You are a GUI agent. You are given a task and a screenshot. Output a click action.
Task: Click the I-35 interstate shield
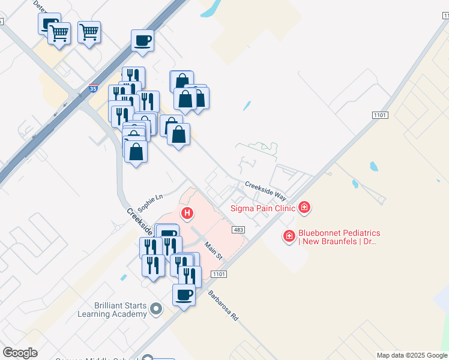pos(93,87)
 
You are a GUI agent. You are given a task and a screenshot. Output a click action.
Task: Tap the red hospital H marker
pos(188,212)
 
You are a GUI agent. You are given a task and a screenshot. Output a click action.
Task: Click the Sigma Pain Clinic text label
pos(264,208)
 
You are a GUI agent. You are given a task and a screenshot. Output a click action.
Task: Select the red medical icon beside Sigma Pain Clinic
pos(305,208)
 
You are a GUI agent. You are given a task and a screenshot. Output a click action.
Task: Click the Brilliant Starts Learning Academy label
pos(112,310)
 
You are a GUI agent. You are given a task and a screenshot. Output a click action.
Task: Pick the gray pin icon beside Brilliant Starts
pos(156,310)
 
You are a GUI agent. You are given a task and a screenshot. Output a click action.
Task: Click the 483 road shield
pos(238,230)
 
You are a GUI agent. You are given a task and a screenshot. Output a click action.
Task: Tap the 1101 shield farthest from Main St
pos(380,115)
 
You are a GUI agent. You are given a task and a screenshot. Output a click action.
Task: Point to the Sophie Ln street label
pos(150,202)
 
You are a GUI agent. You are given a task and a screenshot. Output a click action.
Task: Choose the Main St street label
pos(213,250)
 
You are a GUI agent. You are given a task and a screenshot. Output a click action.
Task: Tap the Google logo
pos(20,353)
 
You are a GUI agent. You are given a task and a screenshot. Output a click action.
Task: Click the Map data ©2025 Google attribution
pos(411,355)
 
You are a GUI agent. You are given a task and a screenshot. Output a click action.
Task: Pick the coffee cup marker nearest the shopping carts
pos(142,41)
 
